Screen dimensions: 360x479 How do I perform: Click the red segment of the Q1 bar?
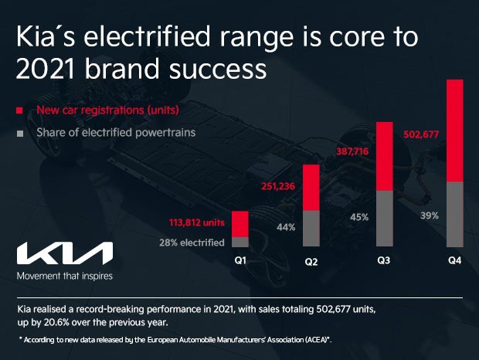pyautogui.click(x=239, y=224)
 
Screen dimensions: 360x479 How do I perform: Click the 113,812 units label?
pyautogui.click(x=196, y=222)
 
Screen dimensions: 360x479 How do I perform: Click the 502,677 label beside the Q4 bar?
pyautogui.click(x=421, y=134)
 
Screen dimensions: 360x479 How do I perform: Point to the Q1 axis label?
pyautogui.click(x=240, y=260)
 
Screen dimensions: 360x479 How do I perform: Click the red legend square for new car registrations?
pyautogui.click(x=19, y=110)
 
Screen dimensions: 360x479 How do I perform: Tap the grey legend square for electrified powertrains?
pyautogui.click(x=19, y=133)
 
